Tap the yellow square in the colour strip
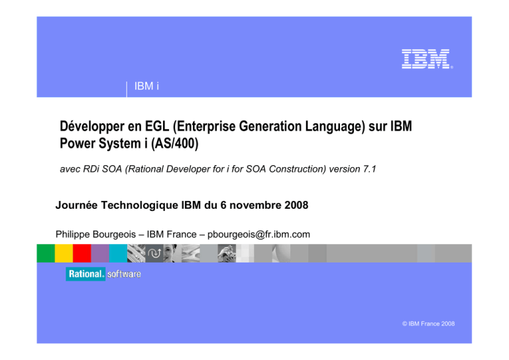(64, 253)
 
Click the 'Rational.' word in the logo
(85, 274)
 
